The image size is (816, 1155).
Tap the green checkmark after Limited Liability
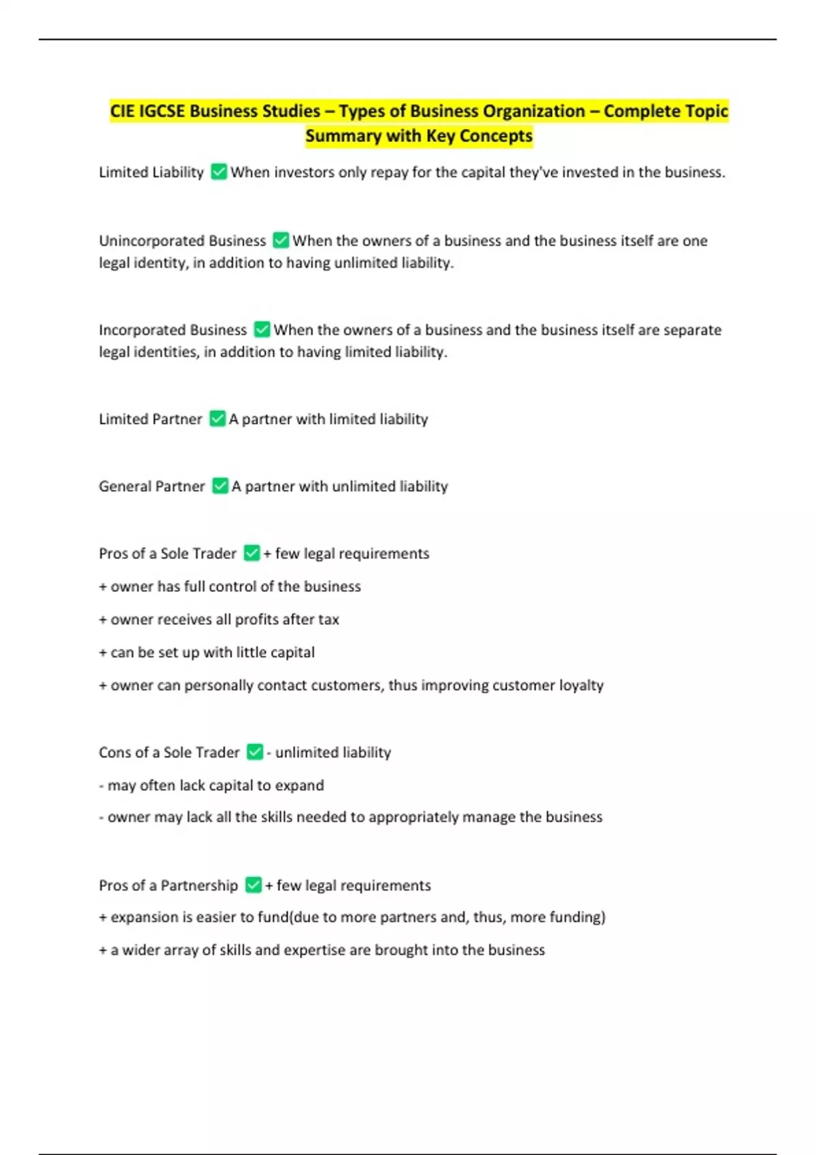point(218,172)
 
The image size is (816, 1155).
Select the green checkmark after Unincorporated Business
point(280,241)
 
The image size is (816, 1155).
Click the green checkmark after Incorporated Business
point(262,330)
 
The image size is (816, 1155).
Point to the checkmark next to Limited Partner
point(217,419)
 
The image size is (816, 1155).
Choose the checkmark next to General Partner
point(220,486)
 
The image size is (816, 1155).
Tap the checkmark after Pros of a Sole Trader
point(252,553)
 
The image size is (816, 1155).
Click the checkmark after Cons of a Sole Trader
point(254,752)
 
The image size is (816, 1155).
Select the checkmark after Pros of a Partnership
point(253,885)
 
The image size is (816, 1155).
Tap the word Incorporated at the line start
point(141,330)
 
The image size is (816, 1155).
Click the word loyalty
point(581,686)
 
